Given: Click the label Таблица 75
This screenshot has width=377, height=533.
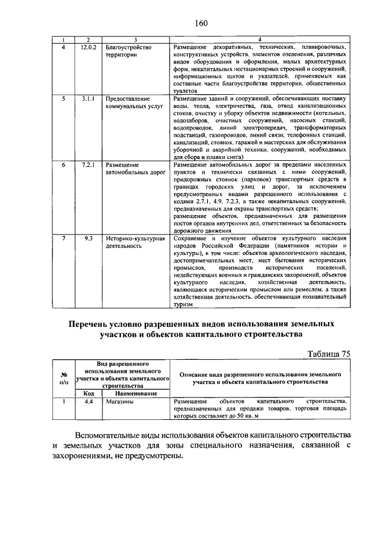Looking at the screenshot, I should (x=330, y=353).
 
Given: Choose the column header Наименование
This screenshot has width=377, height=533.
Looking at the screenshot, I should (x=135, y=393).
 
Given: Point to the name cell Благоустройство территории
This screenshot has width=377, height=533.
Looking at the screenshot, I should (x=129, y=50).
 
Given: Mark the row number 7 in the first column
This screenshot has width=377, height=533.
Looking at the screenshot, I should (x=63, y=238).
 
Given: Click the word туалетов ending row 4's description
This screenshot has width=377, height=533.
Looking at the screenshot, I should (x=180, y=92).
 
